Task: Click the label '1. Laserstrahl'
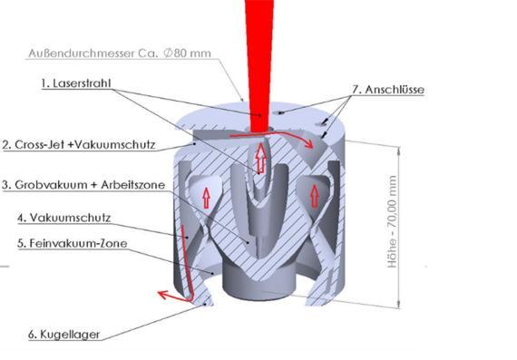(x=76, y=83)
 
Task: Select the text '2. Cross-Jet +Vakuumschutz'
(x=79, y=145)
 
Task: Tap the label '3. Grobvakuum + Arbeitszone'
(x=83, y=185)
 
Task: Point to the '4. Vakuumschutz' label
(x=64, y=218)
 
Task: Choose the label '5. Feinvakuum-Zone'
(x=73, y=243)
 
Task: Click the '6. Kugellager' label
(x=63, y=335)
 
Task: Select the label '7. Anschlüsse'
(x=388, y=90)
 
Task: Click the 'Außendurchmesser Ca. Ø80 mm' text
(x=120, y=54)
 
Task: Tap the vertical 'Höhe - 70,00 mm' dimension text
(x=392, y=221)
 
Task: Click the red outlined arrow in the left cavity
(x=207, y=198)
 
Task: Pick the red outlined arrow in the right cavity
(x=315, y=196)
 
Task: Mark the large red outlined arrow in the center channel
(x=261, y=159)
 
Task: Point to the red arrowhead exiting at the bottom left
(x=164, y=295)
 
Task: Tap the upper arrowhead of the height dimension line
(x=399, y=151)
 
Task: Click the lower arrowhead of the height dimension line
(x=399, y=304)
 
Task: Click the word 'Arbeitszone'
(x=132, y=185)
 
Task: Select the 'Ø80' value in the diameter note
(x=175, y=54)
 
